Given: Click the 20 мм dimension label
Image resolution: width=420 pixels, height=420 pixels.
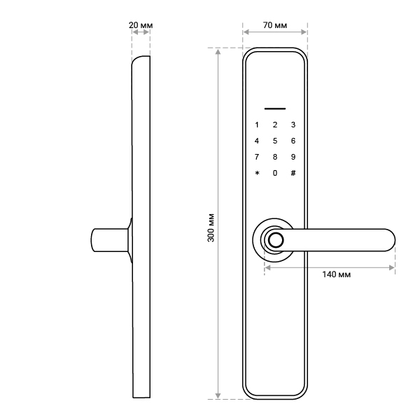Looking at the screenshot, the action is point(141,25).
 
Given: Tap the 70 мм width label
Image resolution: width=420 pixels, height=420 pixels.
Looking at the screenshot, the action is point(275,25).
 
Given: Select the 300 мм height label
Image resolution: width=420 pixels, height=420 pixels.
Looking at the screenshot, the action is point(211,227).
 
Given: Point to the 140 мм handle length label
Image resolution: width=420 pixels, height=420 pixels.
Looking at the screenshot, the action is point(336,274).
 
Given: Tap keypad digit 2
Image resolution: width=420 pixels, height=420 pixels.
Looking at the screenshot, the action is point(275,125).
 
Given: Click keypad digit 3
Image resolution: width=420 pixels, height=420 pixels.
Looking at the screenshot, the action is point(293,125).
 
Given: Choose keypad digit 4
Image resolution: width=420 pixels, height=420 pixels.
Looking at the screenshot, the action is point(257,141).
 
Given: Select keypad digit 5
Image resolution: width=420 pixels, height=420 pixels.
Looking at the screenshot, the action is point(275,141).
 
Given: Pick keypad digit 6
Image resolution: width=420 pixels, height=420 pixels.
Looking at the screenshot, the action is point(293,141).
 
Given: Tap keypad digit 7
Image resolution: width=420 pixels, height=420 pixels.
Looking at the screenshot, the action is point(257,157).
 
